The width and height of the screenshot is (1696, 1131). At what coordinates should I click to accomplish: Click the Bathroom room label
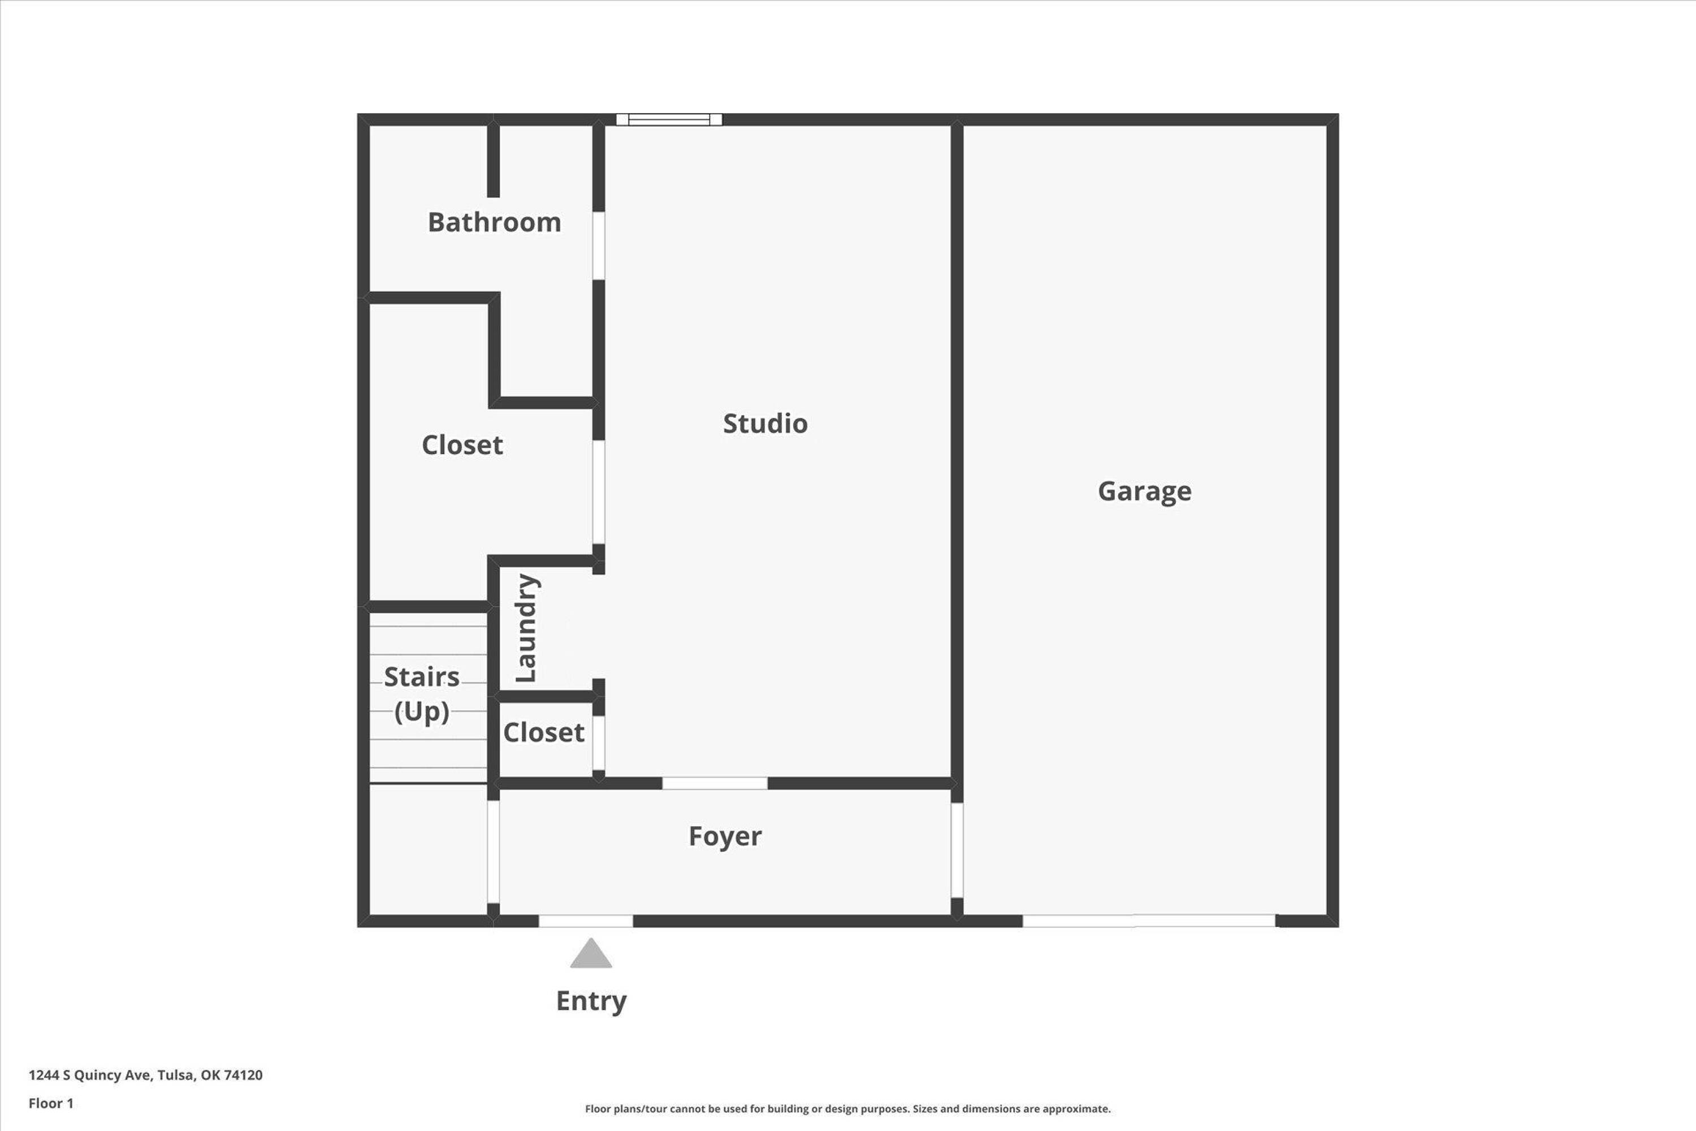pos(494,222)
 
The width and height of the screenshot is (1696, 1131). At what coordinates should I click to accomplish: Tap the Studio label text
pos(765,424)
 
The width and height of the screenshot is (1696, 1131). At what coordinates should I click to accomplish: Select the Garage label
pos(1144,491)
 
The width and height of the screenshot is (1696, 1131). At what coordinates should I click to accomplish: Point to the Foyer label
pos(725,836)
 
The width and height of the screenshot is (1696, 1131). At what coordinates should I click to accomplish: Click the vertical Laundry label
pos(526,628)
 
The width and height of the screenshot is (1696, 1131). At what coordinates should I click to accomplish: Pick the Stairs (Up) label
pos(422,694)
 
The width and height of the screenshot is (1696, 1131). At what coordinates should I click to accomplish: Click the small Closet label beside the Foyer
pos(544,732)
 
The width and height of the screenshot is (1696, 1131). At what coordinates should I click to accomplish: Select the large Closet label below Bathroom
pos(462,445)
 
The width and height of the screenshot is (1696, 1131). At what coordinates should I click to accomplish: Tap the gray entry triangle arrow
pos(591,953)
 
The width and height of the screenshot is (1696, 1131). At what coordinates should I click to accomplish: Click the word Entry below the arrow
pos(591,1001)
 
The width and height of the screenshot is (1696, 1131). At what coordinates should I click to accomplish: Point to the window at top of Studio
pos(669,120)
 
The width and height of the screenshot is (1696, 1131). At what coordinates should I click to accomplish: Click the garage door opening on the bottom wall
pos(1149,921)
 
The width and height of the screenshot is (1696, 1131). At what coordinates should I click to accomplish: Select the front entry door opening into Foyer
pos(586,921)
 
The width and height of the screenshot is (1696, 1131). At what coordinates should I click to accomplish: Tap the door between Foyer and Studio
pos(715,783)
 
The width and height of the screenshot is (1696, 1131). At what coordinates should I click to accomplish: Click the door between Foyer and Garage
pos(957,851)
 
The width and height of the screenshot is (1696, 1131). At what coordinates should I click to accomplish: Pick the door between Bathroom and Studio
pos(599,245)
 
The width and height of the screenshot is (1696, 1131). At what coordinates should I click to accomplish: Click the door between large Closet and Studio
pos(599,492)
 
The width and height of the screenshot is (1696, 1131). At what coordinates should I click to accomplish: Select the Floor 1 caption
pos(51,1103)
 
